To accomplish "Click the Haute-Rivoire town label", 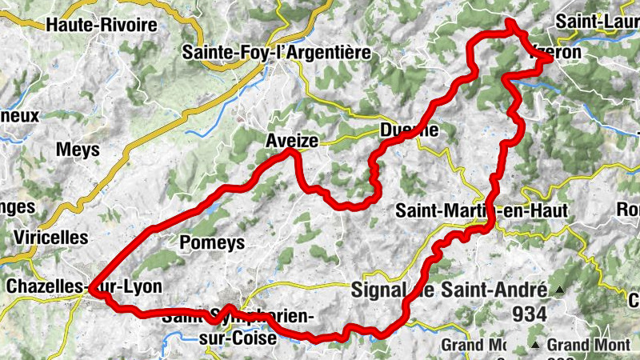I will pyautogui.click(x=102, y=25).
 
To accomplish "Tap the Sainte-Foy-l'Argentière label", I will pyautogui.click(x=277, y=53).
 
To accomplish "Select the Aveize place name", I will pyautogui.click(x=292, y=141).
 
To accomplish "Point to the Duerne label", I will pyautogui.click(x=409, y=130).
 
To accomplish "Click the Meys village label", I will pyautogui.click(x=78, y=150).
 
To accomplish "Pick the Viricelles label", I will pyautogui.click(x=50, y=238).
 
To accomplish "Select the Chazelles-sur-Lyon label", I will pyautogui.click(x=83, y=286).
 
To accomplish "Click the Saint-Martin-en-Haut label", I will pyautogui.click(x=482, y=210).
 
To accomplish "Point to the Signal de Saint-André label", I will pyautogui.click(x=449, y=290).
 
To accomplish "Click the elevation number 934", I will pyautogui.click(x=530, y=314).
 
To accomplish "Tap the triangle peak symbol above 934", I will pyautogui.click(x=560, y=290).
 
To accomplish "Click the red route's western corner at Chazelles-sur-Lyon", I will pyautogui.click(x=94, y=292).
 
